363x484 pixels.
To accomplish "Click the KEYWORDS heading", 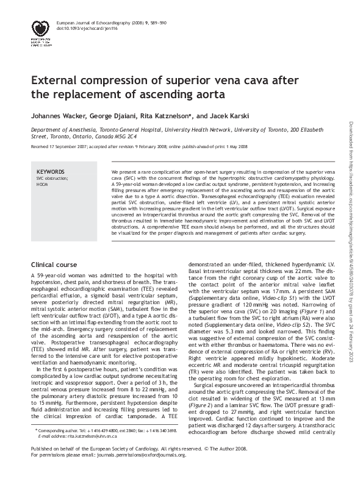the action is tap(51, 172).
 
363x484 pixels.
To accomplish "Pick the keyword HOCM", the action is tap(43, 183).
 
